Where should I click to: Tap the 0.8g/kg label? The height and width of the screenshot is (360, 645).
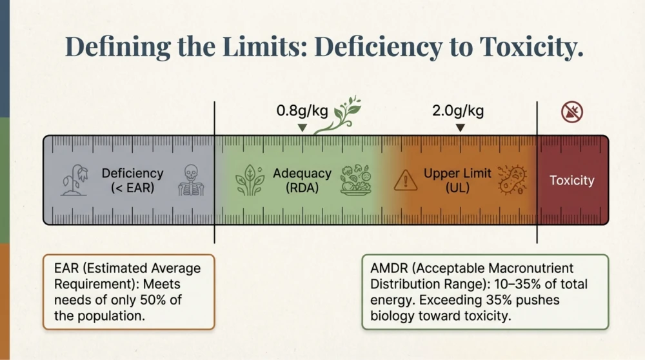point(302,111)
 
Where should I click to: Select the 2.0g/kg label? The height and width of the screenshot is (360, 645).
point(458,111)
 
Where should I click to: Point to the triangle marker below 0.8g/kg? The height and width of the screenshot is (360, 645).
point(302,128)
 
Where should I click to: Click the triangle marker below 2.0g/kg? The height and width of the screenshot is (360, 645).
point(459,128)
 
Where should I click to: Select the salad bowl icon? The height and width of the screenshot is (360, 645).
point(355,181)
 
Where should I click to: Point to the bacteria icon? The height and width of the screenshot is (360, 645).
point(513,180)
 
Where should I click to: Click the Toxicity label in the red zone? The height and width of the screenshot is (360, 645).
point(571,181)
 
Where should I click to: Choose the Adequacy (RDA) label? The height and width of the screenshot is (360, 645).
point(302,181)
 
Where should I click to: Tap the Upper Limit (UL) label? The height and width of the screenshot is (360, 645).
point(457,181)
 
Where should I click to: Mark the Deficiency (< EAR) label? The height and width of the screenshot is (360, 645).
point(132,181)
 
